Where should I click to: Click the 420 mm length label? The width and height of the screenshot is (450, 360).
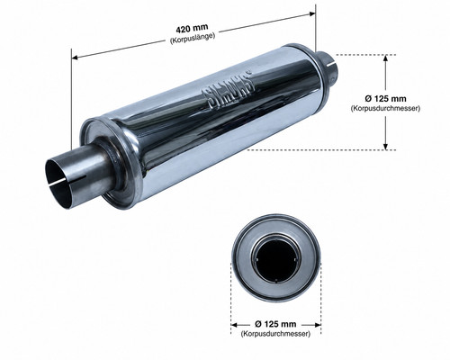(192, 29)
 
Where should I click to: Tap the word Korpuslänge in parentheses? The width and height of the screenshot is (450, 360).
(193, 39)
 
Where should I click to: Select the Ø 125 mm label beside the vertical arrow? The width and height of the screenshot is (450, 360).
(385, 98)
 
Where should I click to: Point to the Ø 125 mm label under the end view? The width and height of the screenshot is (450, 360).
(275, 324)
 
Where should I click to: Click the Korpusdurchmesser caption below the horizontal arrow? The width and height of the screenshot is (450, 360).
(275, 334)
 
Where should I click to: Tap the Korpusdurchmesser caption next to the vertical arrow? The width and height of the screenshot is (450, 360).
(385, 108)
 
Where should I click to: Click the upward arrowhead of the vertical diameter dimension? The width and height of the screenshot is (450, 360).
(386, 58)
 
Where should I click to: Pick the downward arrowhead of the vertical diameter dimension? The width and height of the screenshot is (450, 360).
(386, 146)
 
